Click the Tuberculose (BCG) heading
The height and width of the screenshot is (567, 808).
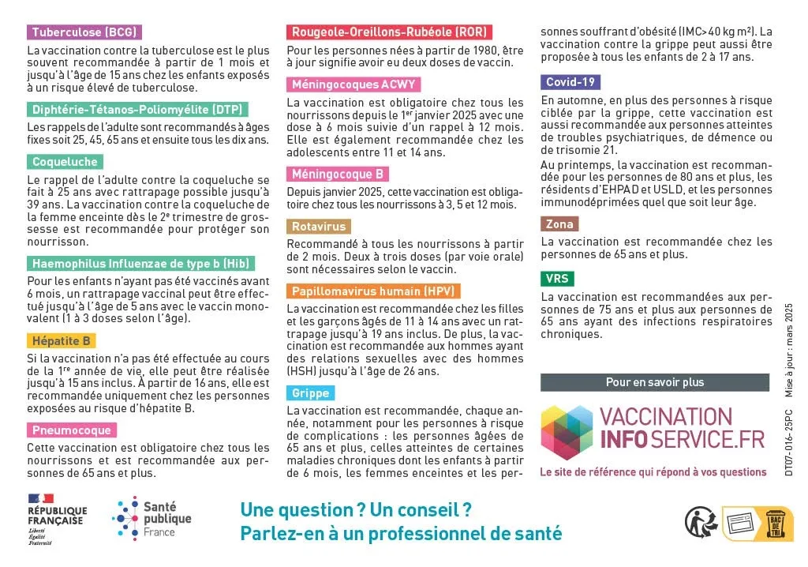click(x=84, y=32)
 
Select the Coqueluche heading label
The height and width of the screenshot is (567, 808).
click(x=65, y=162)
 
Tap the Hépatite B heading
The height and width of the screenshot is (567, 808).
click(x=62, y=341)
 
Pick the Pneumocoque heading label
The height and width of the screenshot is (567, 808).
click(x=72, y=430)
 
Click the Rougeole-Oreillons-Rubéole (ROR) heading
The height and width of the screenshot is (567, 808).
click(x=389, y=32)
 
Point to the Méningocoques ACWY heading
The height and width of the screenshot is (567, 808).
click(x=353, y=84)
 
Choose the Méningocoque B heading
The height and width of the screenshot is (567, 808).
click(x=338, y=175)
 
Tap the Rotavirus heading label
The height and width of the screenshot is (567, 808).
click(x=319, y=227)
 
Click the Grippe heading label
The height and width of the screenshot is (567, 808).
click(x=310, y=393)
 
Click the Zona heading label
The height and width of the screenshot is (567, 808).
click(x=559, y=224)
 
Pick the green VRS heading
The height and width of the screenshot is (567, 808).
click(x=557, y=279)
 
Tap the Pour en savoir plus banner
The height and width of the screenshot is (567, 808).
click(x=654, y=382)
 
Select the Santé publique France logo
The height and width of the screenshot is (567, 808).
click(x=151, y=518)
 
